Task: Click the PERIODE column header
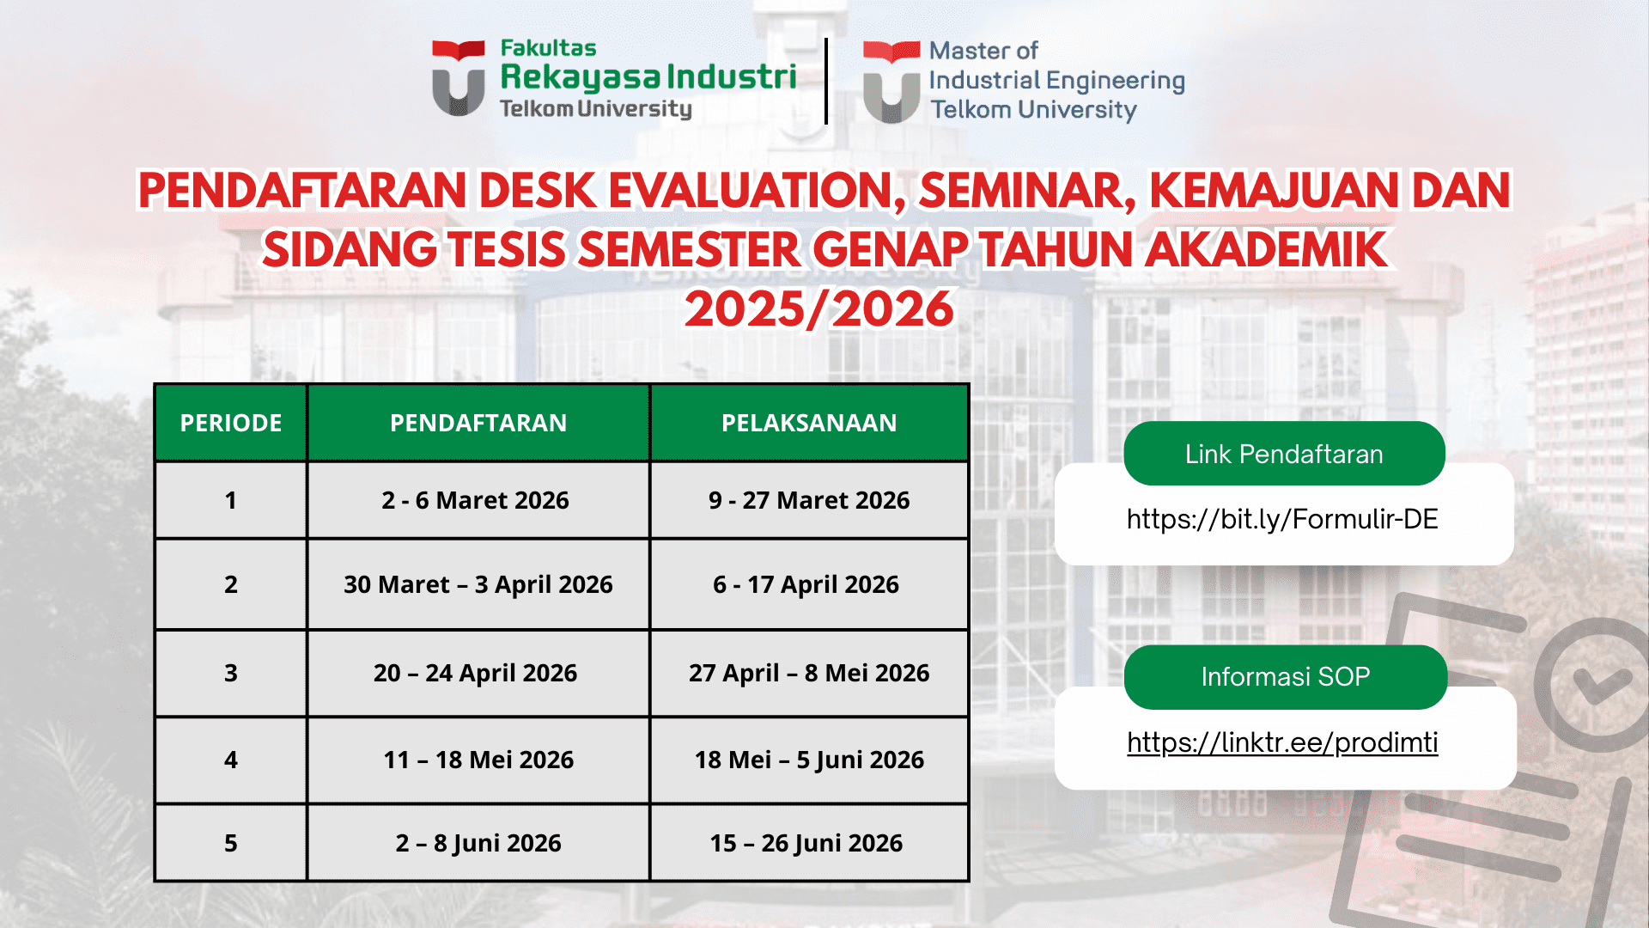tap(230, 423)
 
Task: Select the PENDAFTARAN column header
tap(478, 423)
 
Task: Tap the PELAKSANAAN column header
tap(809, 423)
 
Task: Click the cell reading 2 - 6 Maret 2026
tap(475, 500)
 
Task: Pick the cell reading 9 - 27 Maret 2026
tap(809, 500)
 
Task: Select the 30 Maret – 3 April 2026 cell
tap(478, 584)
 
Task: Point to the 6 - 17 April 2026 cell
tap(806, 584)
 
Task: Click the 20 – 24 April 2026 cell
tap(475, 673)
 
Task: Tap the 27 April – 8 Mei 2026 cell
tap(809, 673)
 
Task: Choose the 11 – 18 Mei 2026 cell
tap(478, 760)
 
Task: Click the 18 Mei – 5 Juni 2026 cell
tap(809, 760)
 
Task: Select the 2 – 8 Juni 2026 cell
tap(478, 843)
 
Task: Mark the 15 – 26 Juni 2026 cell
tap(806, 843)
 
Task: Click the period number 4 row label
tap(230, 760)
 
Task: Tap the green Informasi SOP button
tap(1285, 677)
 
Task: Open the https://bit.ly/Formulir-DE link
tap(1281, 519)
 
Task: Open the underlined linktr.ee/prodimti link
tap(1281, 742)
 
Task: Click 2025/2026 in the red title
tap(819, 309)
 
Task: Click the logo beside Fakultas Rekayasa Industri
tap(458, 78)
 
